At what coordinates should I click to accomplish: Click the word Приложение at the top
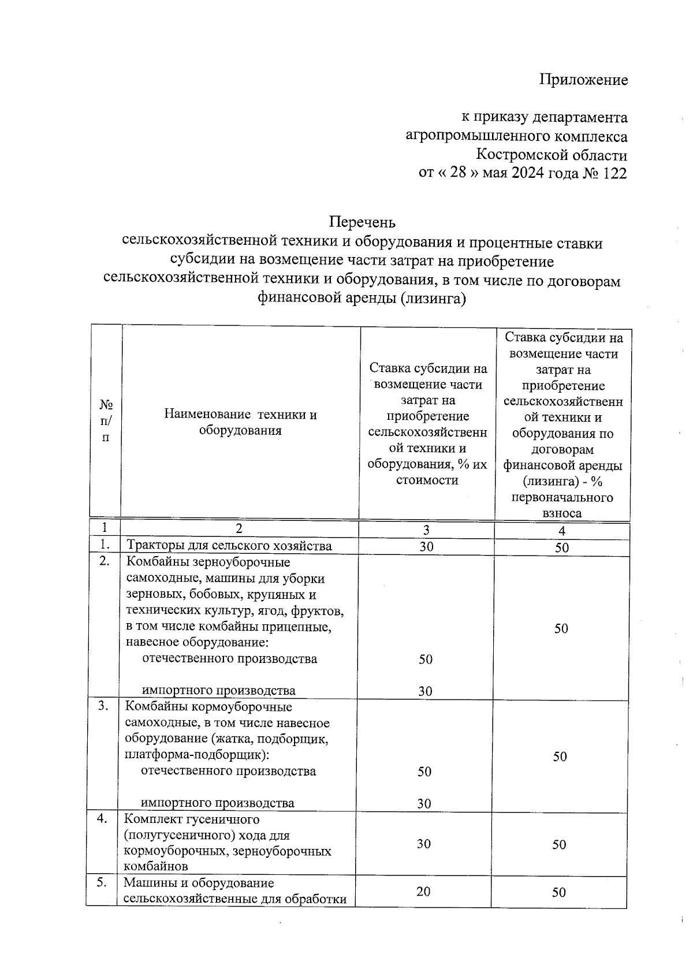point(583,80)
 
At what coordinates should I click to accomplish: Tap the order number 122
point(614,173)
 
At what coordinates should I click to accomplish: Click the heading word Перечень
point(362,222)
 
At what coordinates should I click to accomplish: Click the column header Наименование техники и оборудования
point(240,422)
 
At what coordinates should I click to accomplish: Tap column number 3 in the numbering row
point(426,530)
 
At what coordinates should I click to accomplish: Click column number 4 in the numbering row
point(562,531)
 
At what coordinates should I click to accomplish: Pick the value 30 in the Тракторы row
point(426,546)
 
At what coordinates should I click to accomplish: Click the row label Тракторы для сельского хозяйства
point(229,546)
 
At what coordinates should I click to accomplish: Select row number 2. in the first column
point(104,561)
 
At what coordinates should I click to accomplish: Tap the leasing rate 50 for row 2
point(561,629)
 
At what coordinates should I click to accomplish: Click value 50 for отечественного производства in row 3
point(424,772)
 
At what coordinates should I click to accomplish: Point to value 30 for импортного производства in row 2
point(426,691)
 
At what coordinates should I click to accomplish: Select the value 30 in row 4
point(424,844)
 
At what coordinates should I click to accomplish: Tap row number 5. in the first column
point(102,883)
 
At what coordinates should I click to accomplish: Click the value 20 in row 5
point(423,892)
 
